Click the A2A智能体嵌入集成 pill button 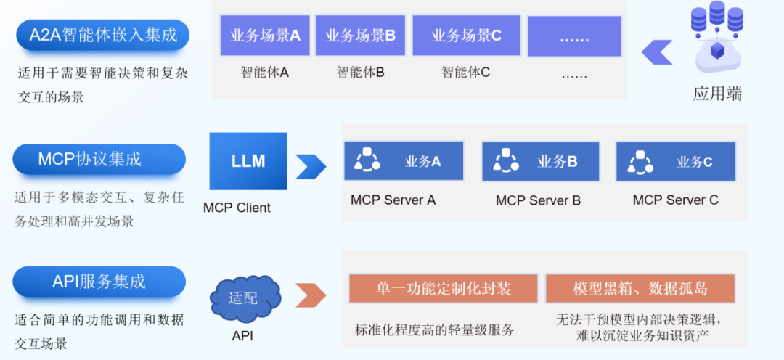102,35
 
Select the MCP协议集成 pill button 99,159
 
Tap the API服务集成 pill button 99,282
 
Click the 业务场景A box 265,36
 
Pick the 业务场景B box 360,36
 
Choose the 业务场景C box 466,36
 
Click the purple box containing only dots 574,36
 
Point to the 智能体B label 360,73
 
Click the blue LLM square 248,161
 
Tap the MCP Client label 237,208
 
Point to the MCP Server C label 676,200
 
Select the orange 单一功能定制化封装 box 443,288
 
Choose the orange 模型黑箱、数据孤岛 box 640,288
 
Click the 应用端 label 717,94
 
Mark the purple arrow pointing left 656,52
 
